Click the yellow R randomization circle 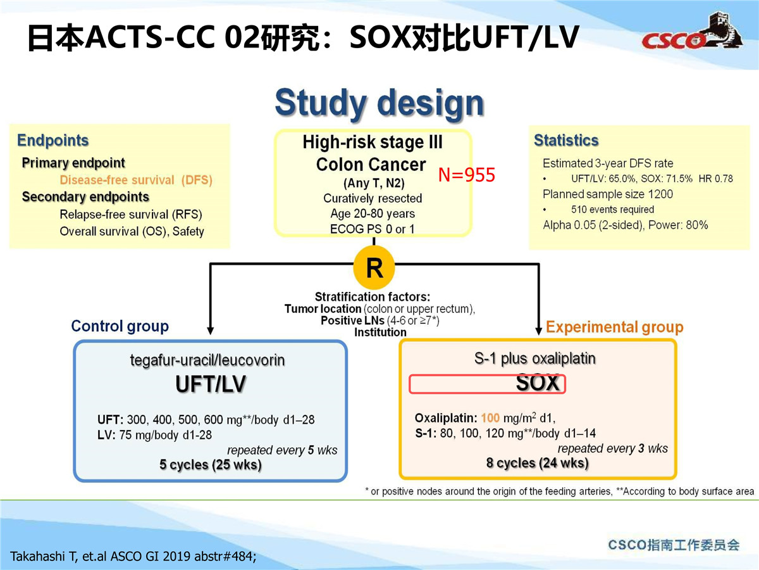click(x=374, y=267)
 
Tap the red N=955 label click(x=466, y=175)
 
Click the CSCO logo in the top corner click(x=692, y=35)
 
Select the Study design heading click(x=379, y=103)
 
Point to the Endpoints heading click(x=53, y=141)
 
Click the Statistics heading click(x=566, y=140)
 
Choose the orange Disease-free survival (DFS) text click(x=136, y=180)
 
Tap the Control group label click(x=120, y=326)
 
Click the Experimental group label click(x=614, y=327)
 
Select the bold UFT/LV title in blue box click(x=211, y=384)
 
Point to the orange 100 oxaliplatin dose click(x=490, y=418)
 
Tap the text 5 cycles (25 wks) click(x=210, y=464)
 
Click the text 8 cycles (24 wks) click(x=538, y=463)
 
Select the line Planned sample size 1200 click(x=608, y=194)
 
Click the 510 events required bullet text click(x=612, y=210)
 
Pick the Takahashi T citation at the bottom click(x=133, y=557)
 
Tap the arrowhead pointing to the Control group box click(x=210, y=330)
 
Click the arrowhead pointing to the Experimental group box click(x=538, y=330)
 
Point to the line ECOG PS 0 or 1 click(x=372, y=229)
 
